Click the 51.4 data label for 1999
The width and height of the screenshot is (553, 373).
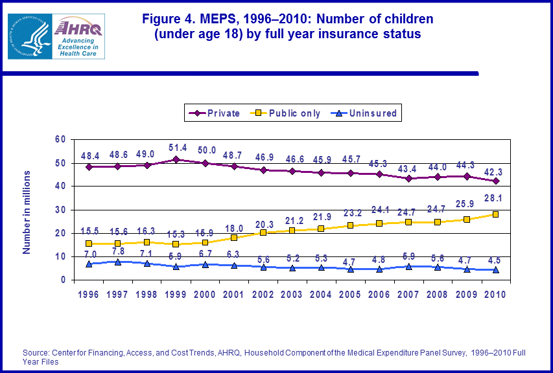[x=177, y=148]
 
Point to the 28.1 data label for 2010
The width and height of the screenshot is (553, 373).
[x=495, y=199]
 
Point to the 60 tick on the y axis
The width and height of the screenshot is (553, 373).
[x=60, y=139]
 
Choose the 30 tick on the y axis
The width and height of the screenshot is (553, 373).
[x=60, y=210]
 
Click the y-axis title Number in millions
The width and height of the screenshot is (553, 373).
[x=27, y=212]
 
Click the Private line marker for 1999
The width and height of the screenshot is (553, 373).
[x=176, y=159]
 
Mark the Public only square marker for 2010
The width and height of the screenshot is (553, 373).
[x=495, y=214]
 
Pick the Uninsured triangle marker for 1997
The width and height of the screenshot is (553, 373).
[x=119, y=262]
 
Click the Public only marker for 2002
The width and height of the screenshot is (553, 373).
[x=263, y=232]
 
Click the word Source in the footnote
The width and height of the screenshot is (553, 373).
[x=36, y=352]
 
